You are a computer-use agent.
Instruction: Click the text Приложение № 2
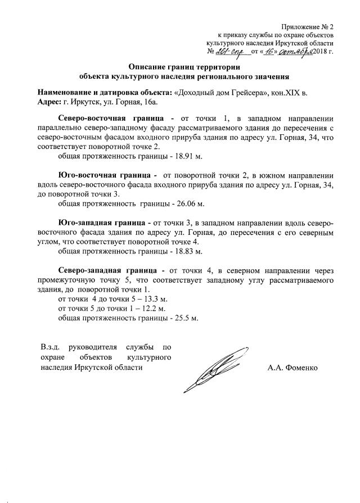coord(308,26)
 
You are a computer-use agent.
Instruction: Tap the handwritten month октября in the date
coord(289,51)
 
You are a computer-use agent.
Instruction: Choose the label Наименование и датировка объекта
coord(105,92)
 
